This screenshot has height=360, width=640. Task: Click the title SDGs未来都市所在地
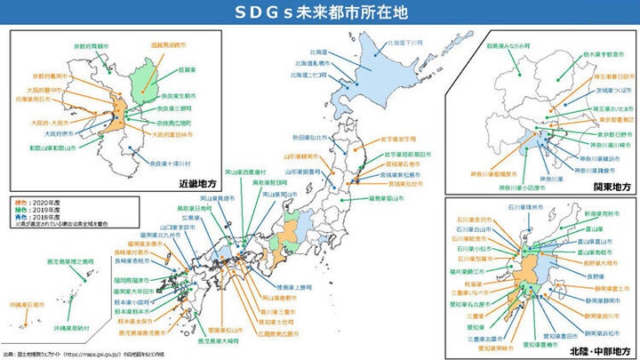coord(319,12)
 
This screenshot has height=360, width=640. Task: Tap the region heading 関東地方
coord(607,187)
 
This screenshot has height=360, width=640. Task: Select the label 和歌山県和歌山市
coord(50,148)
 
